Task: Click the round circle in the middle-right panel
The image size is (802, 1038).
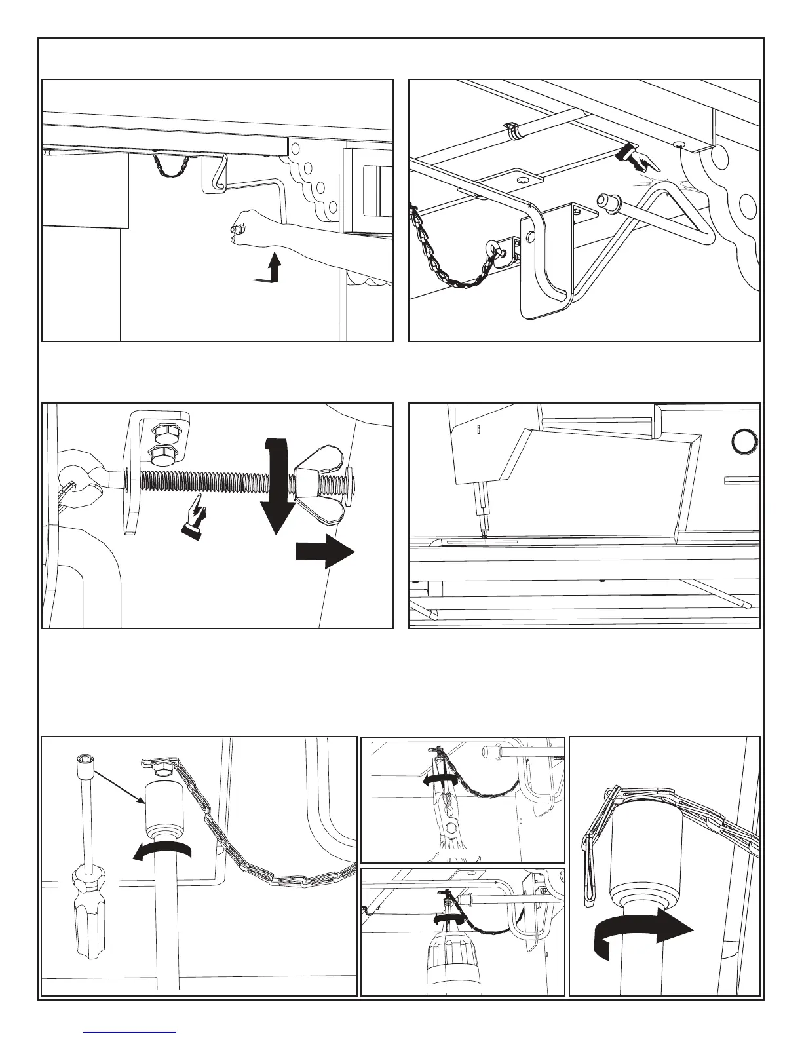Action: pyautogui.click(x=745, y=442)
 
